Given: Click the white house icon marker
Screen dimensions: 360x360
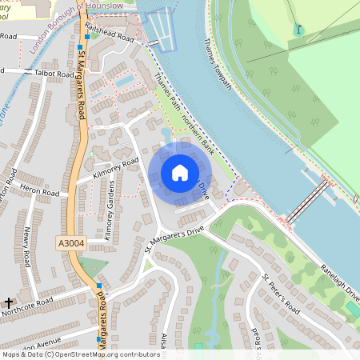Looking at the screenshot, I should click(179, 173).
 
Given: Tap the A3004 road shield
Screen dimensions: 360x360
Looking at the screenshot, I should click(70, 241).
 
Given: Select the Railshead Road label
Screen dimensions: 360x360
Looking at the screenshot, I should click(114, 36).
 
